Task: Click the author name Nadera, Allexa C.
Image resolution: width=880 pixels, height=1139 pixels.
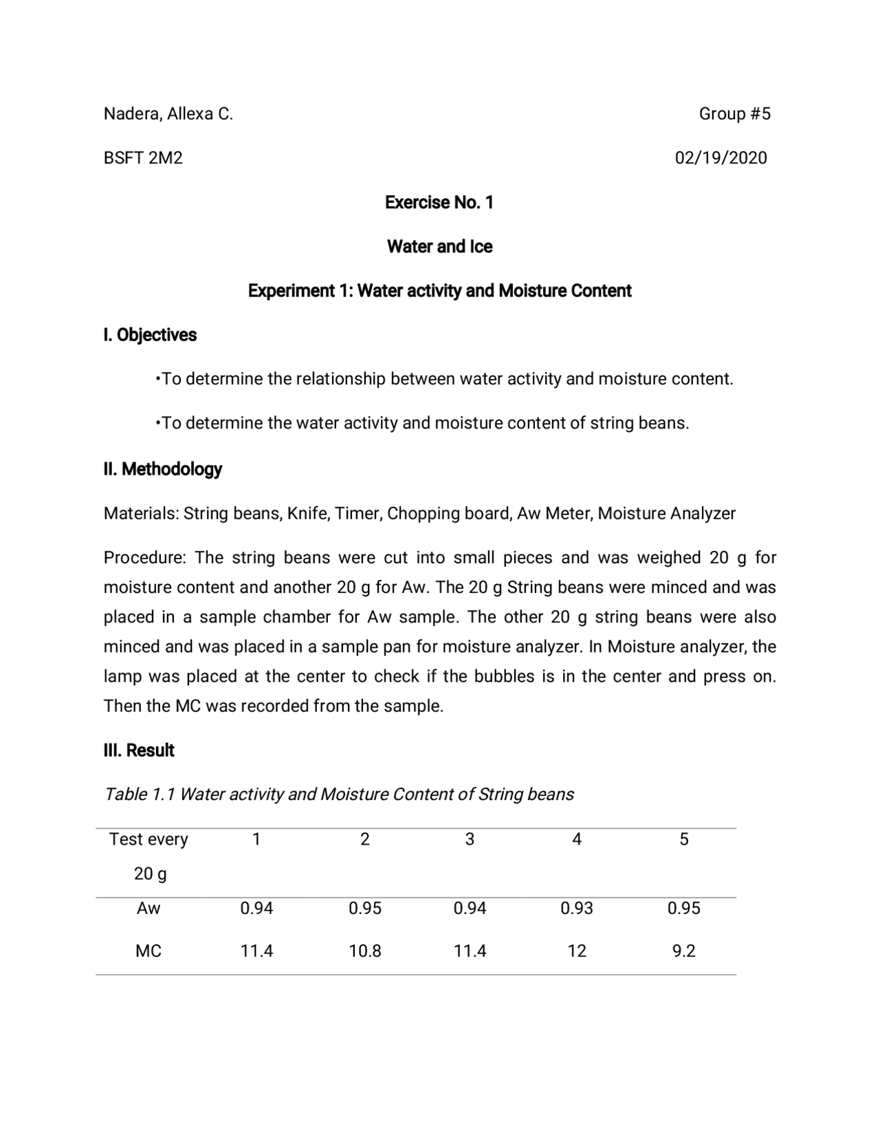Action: [168, 113]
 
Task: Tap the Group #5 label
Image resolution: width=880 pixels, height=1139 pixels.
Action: [734, 113]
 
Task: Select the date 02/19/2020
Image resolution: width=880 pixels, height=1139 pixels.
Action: [720, 158]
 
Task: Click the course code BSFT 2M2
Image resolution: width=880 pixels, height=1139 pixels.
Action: [143, 158]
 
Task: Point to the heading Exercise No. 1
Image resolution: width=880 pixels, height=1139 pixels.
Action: [439, 202]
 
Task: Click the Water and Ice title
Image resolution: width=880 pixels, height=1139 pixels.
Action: [439, 246]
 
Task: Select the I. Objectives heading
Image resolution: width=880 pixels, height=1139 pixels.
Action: [150, 335]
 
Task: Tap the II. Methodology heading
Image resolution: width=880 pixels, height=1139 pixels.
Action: [163, 469]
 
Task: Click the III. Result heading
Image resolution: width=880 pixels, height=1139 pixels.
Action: [139, 750]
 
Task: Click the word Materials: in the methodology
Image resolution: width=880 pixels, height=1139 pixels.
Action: [141, 514]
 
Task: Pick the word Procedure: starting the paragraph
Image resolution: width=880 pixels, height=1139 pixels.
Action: [144, 557]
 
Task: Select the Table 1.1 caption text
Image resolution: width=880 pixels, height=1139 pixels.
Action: [338, 794]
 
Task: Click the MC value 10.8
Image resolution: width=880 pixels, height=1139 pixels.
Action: [364, 951]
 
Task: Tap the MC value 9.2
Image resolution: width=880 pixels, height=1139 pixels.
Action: [683, 951]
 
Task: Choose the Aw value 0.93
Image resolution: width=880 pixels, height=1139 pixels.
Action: [576, 909]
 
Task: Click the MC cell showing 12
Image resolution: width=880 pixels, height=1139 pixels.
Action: [576, 951]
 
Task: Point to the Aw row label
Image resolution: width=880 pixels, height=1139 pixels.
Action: [148, 909]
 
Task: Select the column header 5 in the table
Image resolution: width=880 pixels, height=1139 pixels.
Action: [683, 839]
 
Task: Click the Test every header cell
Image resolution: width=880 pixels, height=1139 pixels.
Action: [148, 839]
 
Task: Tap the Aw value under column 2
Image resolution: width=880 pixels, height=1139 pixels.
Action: [364, 909]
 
